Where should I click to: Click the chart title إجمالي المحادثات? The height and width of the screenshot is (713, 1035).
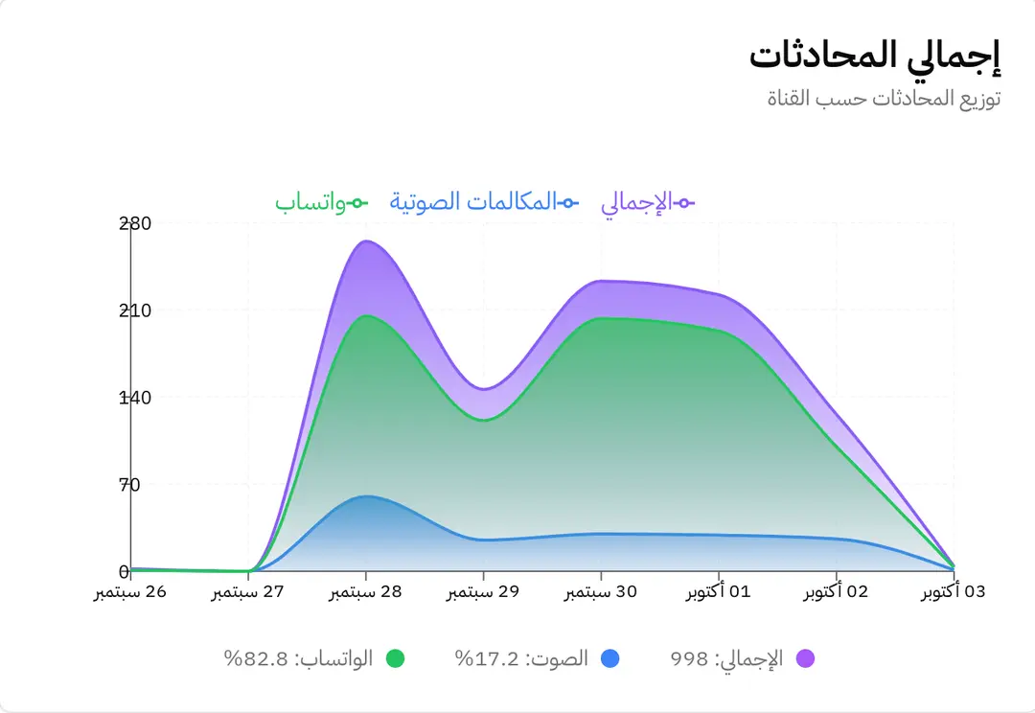[874, 57]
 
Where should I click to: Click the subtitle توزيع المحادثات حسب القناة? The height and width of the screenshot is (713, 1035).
[884, 99]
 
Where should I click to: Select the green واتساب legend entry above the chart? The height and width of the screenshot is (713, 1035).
[321, 202]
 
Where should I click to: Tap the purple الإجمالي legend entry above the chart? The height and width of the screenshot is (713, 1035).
[648, 202]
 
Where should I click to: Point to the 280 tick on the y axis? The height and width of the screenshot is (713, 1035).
[135, 223]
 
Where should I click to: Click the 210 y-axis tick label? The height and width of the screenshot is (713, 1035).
[135, 310]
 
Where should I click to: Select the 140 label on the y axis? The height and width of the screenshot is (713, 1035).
[135, 398]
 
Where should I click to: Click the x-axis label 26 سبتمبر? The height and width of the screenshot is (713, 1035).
[130, 592]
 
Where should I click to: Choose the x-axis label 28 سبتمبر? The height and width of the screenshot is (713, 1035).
[366, 592]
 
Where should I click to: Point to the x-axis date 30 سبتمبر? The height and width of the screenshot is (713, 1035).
[601, 592]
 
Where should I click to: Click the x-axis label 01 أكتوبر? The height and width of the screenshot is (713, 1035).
[719, 592]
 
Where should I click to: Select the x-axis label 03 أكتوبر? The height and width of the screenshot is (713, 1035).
[954, 592]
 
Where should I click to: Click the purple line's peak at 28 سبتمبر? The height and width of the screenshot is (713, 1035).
[366, 241]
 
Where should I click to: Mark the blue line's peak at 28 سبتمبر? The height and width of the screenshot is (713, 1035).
[366, 495]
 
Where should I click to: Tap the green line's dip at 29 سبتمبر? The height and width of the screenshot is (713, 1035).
[483, 420]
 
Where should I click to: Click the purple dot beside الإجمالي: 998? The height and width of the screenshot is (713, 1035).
[805, 659]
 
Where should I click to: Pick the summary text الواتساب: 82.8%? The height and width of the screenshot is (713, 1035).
[298, 659]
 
